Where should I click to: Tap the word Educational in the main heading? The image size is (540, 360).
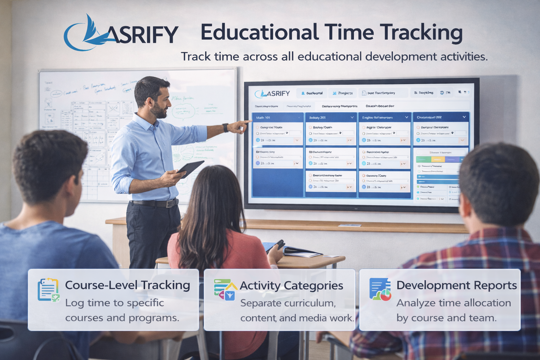(x=259, y=32)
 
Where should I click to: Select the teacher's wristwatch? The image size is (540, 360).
(x=225, y=128)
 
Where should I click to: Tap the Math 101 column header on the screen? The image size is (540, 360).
(x=263, y=117)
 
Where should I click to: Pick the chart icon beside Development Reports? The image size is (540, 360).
(x=380, y=289)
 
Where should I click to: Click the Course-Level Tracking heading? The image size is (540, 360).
(x=127, y=285)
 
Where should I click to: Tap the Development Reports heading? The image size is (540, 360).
(x=456, y=285)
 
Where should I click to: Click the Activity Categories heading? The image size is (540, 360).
(x=291, y=285)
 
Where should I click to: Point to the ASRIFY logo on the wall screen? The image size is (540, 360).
(x=273, y=94)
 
